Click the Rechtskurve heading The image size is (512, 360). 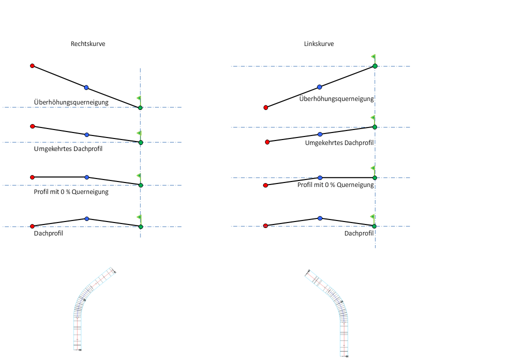point(88,44)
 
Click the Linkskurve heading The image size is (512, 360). point(319,44)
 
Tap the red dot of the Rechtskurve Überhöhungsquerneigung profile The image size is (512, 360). point(32,65)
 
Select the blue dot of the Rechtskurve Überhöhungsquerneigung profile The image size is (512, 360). point(86,87)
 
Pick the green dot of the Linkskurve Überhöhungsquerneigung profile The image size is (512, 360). point(374,66)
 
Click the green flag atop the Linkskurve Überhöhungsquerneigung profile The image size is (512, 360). point(373,57)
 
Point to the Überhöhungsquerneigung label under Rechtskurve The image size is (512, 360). point(71,102)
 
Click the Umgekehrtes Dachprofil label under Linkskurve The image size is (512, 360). point(339,143)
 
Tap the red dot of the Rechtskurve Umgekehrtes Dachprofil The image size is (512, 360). point(32,126)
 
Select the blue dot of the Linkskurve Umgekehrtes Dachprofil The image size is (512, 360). point(320,134)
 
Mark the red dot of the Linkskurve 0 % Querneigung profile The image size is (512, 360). point(265,185)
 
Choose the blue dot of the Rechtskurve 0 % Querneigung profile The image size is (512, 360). point(86,177)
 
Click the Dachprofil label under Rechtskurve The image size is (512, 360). point(48,233)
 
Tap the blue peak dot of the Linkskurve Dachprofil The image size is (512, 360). point(320,218)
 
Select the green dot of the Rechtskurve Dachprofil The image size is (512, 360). point(140,226)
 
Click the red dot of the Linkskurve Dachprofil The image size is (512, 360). point(265,225)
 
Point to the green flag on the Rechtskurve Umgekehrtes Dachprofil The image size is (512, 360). point(139,133)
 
